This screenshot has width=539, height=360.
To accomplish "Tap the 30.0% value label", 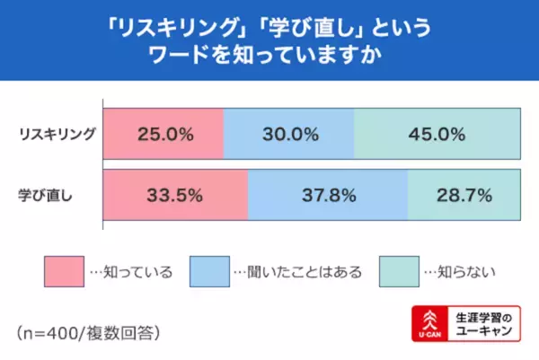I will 290,136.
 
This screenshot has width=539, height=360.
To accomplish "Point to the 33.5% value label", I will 177,194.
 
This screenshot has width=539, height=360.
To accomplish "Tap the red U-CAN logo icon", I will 429,326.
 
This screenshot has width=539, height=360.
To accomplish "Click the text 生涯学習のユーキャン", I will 484,325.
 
